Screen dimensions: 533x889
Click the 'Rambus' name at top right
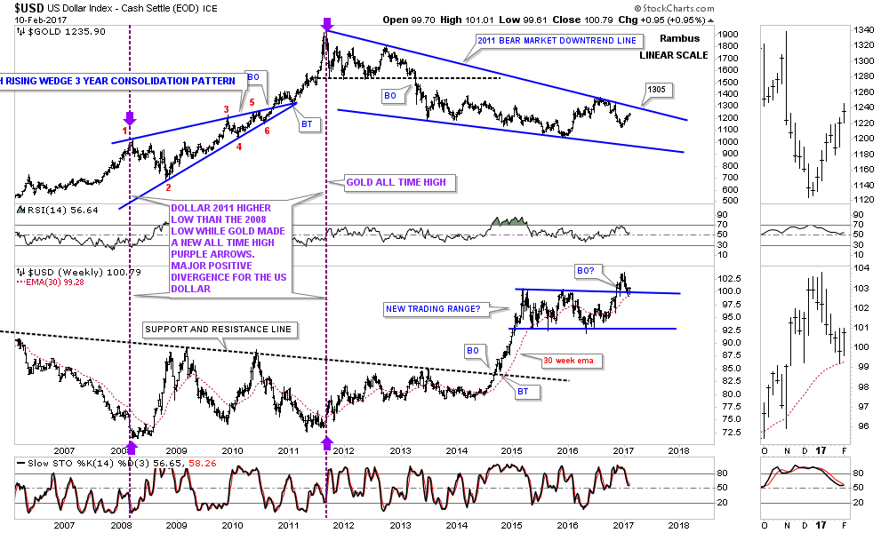click(x=679, y=39)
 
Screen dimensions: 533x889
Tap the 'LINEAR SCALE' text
click(x=674, y=55)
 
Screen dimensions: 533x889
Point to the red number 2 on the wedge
click(x=167, y=188)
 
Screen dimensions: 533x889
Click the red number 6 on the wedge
click(x=268, y=131)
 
